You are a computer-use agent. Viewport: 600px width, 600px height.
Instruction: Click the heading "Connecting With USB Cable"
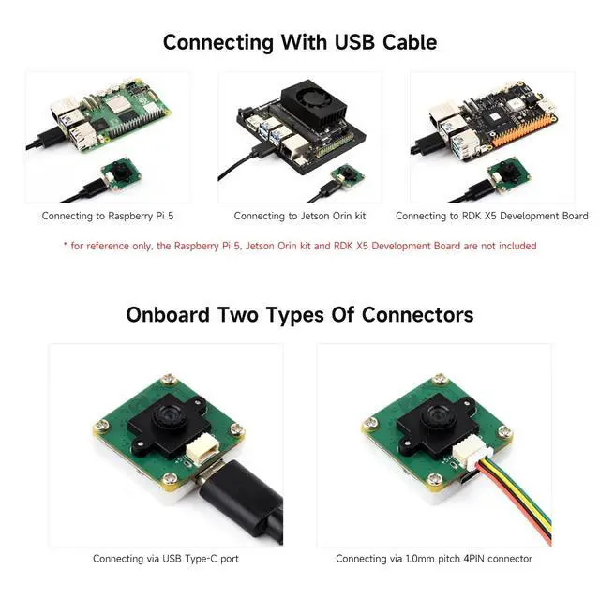[299, 42]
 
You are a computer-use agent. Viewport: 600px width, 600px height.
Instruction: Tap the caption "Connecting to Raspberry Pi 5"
[107, 216]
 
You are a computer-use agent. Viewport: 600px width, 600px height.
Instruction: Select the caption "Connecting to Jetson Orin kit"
[300, 216]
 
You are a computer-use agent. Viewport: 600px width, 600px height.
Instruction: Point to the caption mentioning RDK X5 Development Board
[491, 216]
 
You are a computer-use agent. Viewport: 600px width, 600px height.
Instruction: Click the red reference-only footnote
[300, 246]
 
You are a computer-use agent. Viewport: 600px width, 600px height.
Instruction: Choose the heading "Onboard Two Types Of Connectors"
[299, 314]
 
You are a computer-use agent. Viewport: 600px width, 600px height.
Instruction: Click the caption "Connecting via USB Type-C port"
[165, 559]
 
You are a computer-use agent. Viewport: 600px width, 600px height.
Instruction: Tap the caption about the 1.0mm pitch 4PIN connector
[434, 559]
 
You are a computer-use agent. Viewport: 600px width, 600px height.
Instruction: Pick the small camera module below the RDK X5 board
[510, 176]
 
